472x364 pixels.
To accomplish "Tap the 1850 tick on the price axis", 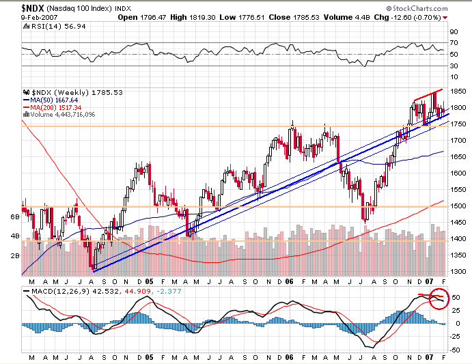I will [x=455, y=91].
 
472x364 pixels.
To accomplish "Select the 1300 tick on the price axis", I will [x=455, y=271].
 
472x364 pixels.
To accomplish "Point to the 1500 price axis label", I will [x=455, y=206].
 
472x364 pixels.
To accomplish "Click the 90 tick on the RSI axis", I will [x=452, y=31].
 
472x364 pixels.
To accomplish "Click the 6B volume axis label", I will [x=14, y=216].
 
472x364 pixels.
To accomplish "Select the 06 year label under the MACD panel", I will [x=290, y=356].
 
